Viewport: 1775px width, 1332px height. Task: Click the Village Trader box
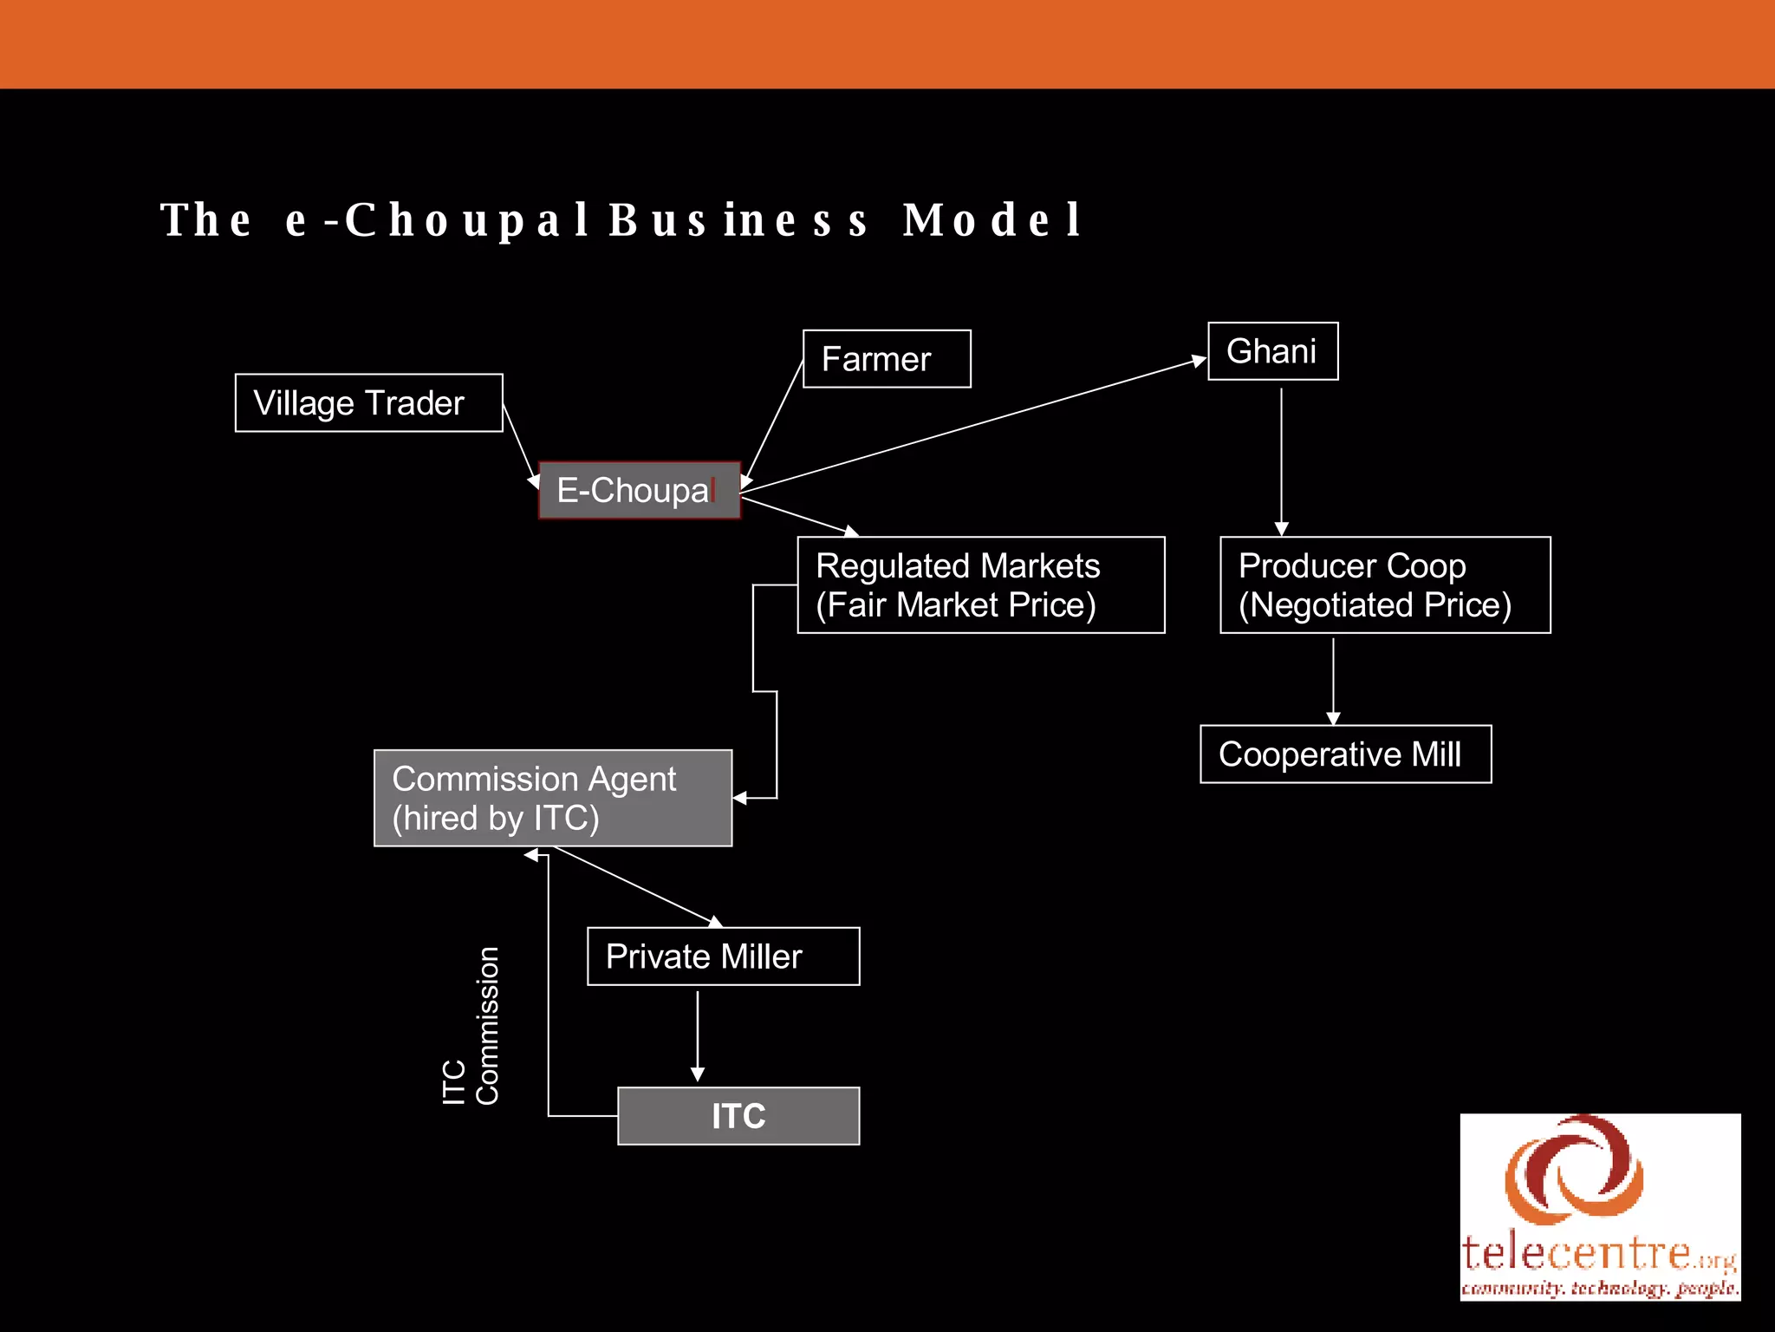coord(368,403)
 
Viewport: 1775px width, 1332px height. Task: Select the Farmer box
coord(886,359)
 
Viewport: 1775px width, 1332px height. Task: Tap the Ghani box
coord(1272,351)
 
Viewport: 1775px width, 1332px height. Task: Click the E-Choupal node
coord(639,491)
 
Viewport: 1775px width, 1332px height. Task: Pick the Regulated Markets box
coord(980,585)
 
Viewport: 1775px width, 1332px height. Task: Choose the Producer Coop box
coord(1384,585)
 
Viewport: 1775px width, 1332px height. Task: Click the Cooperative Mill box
coord(1345,754)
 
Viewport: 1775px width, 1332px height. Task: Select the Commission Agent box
coord(552,798)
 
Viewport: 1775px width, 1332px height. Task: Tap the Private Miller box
coord(723,957)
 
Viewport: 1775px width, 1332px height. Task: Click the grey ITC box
coord(738,1116)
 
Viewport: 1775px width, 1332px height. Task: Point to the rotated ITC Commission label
coord(471,1026)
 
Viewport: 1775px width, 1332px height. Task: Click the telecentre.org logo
coord(1600,1207)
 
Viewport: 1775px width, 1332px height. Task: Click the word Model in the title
coord(992,219)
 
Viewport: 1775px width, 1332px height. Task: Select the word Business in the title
coord(738,219)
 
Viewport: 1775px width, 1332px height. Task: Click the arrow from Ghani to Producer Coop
coord(1281,460)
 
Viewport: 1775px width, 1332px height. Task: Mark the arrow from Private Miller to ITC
coord(698,1036)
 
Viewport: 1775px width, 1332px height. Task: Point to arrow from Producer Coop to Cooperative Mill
coord(1333,681)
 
